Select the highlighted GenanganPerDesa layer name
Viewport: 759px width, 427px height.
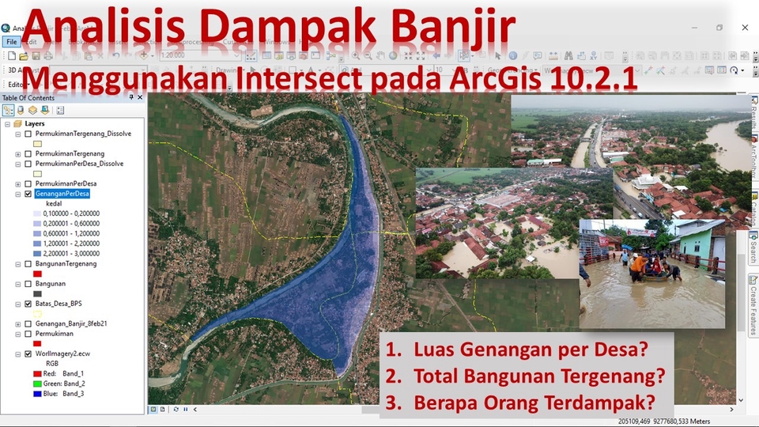[x=63, y=193]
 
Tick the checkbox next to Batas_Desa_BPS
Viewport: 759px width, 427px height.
[x=28, y=303]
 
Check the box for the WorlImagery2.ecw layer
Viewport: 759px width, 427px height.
[x=28, y=354]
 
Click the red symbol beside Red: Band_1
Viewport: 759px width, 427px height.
[x=37, y=372]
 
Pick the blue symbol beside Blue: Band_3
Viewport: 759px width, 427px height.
[x=37, y=393]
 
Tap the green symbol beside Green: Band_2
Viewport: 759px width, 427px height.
[x=37, y=383]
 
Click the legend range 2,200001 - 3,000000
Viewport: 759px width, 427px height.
[x=77, y=254]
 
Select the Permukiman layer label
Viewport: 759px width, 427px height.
[x=55, y=334]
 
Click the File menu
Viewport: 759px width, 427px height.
[x=10, y=41]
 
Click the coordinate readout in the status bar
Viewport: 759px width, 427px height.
[x=664, y=421]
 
